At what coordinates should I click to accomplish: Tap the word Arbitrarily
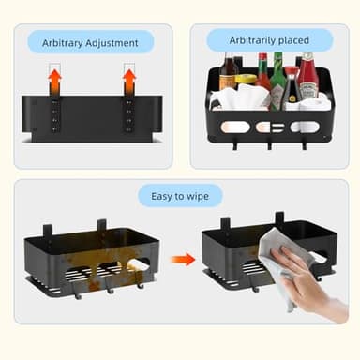252,40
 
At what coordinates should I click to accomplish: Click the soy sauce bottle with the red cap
292,87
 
